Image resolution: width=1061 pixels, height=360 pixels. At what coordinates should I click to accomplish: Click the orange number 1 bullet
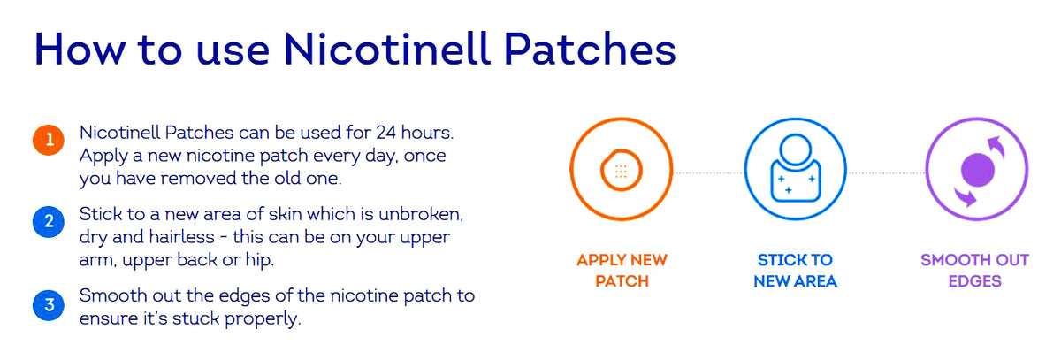49,141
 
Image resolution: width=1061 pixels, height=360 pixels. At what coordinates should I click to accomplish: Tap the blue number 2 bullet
49,222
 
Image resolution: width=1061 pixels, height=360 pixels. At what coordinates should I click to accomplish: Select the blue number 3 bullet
49,305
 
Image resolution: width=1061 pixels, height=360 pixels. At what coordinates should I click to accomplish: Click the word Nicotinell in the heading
386,49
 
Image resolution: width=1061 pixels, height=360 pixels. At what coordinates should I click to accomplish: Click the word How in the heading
80,49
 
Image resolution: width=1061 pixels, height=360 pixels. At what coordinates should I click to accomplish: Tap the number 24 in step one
386,133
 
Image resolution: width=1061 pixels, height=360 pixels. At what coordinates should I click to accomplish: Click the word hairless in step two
182,237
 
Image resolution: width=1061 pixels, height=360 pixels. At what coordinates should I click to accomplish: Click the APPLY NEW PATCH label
622,271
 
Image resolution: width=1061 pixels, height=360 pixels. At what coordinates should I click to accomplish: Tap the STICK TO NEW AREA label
795,271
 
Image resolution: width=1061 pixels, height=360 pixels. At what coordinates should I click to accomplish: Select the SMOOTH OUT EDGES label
974,271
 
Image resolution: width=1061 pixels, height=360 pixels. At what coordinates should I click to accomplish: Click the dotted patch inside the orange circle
621,171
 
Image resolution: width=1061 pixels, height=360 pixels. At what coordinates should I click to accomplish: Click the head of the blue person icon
795,149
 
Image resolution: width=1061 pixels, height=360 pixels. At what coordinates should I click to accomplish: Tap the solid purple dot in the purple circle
978,170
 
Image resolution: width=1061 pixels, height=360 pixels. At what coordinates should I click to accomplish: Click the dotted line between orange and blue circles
708,172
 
